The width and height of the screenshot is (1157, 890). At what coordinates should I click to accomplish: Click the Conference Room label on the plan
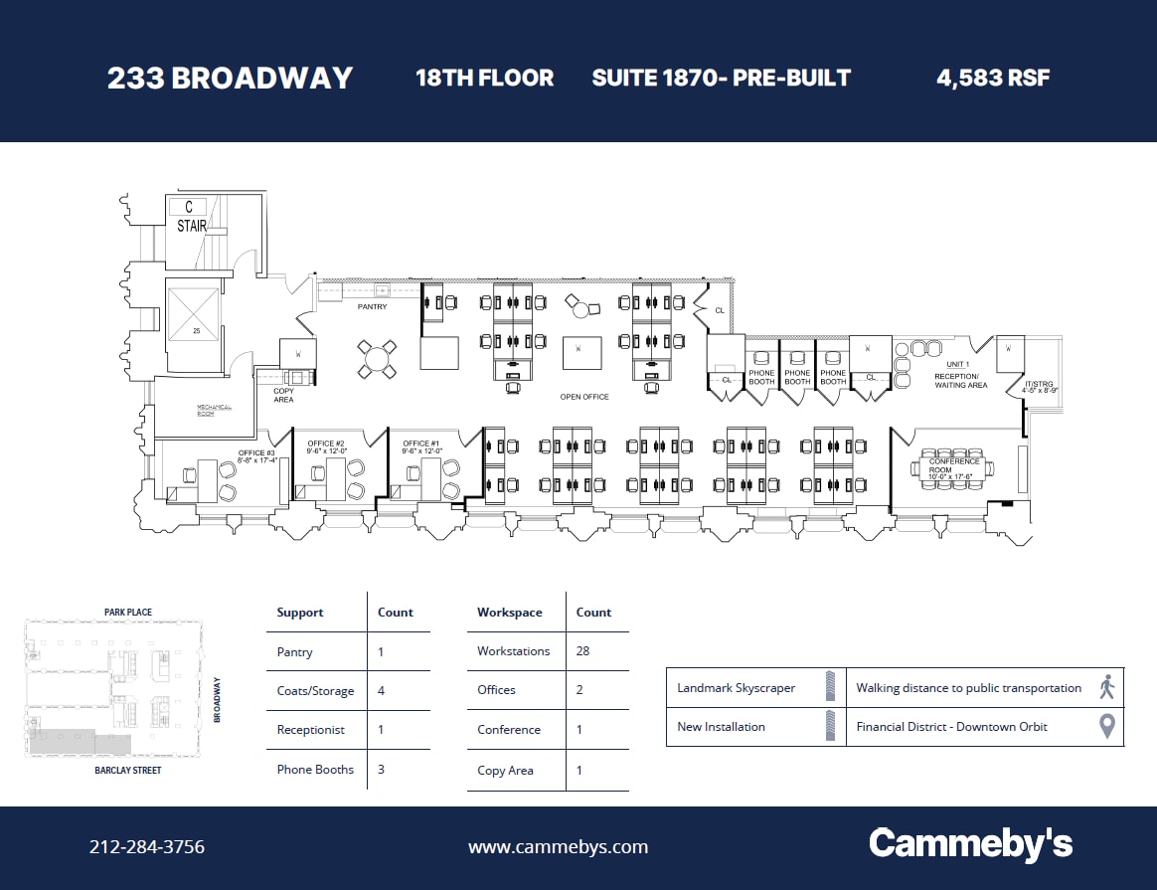tap(954, 466)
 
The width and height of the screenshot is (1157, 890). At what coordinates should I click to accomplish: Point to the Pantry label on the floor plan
tap(373, 307)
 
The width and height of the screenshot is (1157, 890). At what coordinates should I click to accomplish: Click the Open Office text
tap(584, 397)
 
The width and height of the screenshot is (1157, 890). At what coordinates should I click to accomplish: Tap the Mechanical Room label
tap(214, 410)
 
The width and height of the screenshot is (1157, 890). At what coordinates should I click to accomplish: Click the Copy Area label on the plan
tap(283, 396)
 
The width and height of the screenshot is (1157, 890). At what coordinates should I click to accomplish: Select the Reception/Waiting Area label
tap(960, 380)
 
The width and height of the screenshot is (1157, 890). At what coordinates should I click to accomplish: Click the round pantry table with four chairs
tap(378, 359)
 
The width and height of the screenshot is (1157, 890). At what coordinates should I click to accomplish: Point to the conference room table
tap(954, 469)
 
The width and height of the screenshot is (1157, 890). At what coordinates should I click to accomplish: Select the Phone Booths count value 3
tap(381, 770)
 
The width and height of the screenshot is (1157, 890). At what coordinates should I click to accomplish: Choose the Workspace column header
tap(509, 613)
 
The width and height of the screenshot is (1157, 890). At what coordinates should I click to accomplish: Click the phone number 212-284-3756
tap(147, 847)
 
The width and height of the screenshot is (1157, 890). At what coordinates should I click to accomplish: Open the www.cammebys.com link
tap(558, 847)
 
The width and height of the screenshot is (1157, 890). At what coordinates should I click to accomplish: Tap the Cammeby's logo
tap(970, 844)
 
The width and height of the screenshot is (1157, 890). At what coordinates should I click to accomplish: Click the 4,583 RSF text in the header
tap(993, 78)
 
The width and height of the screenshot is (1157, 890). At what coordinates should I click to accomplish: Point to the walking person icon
tap(1107, 687)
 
